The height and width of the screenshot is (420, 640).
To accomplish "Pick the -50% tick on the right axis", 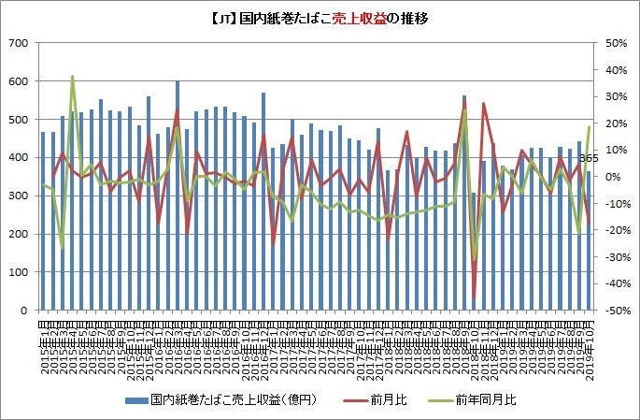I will [616, 310].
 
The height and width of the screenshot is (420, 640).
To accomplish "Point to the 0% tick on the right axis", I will [611, 177].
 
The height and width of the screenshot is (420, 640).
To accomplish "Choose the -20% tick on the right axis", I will [616, 230].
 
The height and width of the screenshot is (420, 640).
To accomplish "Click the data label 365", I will [588, 159].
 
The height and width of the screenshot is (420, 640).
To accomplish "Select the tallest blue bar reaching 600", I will [178, 196].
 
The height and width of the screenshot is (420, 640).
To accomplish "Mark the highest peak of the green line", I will [73, 77].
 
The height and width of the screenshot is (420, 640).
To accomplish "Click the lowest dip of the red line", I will [474, 297].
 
